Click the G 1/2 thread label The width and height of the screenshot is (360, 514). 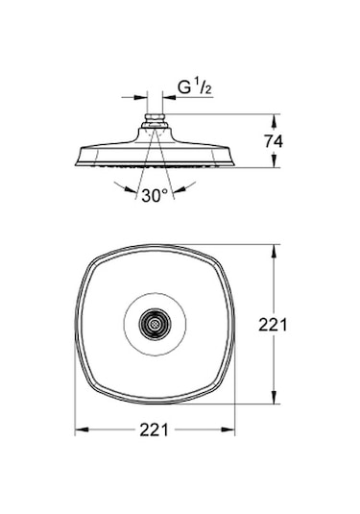[195, 87]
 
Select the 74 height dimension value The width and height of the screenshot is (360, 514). [274, 141]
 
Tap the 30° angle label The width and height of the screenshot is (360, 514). [155, 196]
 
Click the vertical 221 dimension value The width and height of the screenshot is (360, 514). [273, 325]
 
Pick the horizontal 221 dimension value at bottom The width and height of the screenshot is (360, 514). [155, 429]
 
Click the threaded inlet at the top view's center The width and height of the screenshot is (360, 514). [155, 324]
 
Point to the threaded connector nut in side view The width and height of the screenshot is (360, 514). [155, 118]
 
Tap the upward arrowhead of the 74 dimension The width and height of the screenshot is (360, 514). [275, 121]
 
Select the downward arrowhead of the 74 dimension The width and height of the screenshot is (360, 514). [275, 161]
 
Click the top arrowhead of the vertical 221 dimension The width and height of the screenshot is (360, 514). [275, 252]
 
